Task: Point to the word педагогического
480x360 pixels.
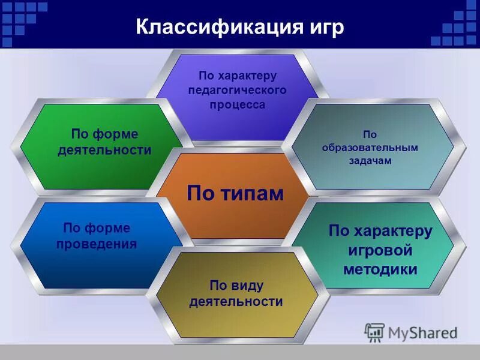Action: (x=238, y=90)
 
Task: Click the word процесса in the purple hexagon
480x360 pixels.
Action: (x=238, y=104)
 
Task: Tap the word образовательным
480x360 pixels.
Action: (x=370, y=148)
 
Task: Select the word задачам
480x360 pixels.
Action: (x=370, y=161)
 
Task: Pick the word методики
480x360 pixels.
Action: (x=380, y=269)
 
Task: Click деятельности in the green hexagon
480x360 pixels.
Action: (x=104, y=150)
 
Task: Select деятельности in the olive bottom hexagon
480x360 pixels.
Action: (x=236, y=301)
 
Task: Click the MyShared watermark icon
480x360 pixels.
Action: (x=375, y=332)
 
